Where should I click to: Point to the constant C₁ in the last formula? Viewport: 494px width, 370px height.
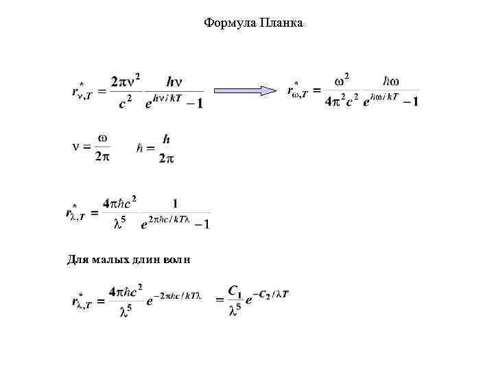[x=235, y=291]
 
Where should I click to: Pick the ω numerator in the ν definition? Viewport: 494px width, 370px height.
[x=102, y=138]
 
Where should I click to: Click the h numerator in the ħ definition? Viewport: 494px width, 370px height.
[x=166, y=139]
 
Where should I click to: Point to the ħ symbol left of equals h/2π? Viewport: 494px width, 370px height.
[x=140, y=148]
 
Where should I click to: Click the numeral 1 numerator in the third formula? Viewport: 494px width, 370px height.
[x=175, y=203]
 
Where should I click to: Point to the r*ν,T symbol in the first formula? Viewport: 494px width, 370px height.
[x=83, y=90]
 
